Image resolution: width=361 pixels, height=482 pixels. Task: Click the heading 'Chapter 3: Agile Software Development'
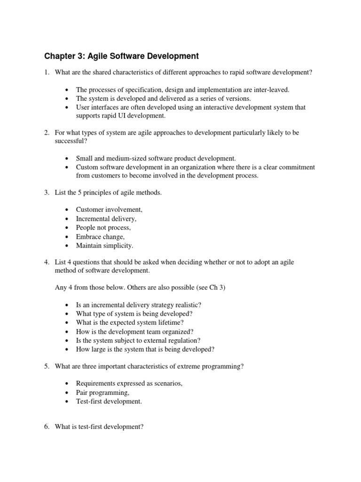(122, 56)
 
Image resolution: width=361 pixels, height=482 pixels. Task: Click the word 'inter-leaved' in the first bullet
(273, 89)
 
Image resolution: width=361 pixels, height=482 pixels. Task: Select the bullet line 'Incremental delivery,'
(106, 219)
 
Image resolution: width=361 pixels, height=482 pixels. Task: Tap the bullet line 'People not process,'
(103, 228)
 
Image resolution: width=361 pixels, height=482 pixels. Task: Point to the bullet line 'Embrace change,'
(101, 237)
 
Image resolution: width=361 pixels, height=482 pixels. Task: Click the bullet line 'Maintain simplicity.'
(105, 246)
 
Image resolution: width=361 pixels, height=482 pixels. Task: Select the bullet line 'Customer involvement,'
(109, 210)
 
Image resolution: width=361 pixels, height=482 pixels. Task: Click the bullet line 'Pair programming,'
(102, 393)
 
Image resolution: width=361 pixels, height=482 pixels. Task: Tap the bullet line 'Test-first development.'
(109, 402)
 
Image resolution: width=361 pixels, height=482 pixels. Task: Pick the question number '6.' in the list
(47, 427)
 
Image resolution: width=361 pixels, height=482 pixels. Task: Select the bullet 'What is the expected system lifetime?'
(130, 322)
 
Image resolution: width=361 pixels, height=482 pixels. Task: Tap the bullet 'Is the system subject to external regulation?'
(138, 340)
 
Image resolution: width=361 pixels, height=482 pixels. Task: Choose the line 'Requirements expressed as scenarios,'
(129, 384)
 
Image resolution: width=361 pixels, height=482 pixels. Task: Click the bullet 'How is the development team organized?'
(134, 331)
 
